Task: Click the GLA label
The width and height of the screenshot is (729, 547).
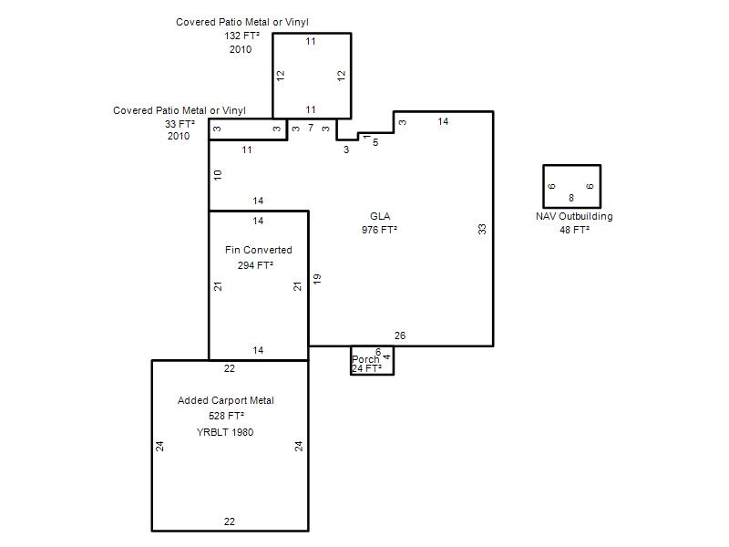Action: pos(380,216)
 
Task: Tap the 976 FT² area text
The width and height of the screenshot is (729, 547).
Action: pos(379,230)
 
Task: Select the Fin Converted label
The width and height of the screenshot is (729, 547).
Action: pos(259,250)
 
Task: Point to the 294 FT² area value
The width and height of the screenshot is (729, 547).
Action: pos(255,265)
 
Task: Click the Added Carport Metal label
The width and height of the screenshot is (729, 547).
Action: pos(225,400)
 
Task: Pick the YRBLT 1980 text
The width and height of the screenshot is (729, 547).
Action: pos(225,432)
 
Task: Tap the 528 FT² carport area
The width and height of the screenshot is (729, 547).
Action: pos(226,416)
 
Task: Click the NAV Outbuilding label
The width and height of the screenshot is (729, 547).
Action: pos(574,216)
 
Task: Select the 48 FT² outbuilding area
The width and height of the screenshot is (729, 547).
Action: pos(575,230)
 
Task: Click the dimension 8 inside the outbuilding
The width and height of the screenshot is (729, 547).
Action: pos(571,198)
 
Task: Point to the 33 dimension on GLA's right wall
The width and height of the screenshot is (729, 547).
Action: pos(482,229)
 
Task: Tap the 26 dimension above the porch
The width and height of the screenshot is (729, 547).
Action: pos(400,335)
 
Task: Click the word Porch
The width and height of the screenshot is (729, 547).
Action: pos(365,359)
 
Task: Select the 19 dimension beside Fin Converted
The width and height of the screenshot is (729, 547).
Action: pos(317,279)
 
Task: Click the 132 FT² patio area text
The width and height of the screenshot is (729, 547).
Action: pos(241,36)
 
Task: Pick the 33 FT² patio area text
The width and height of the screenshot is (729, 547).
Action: pos(180,124)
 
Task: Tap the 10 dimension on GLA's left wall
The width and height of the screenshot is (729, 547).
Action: pos(218,175)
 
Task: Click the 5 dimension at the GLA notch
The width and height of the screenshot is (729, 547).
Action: pos(375,142)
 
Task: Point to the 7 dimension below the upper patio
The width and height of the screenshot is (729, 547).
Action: pos(311,128)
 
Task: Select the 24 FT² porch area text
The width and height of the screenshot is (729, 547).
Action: pos(366,368)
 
